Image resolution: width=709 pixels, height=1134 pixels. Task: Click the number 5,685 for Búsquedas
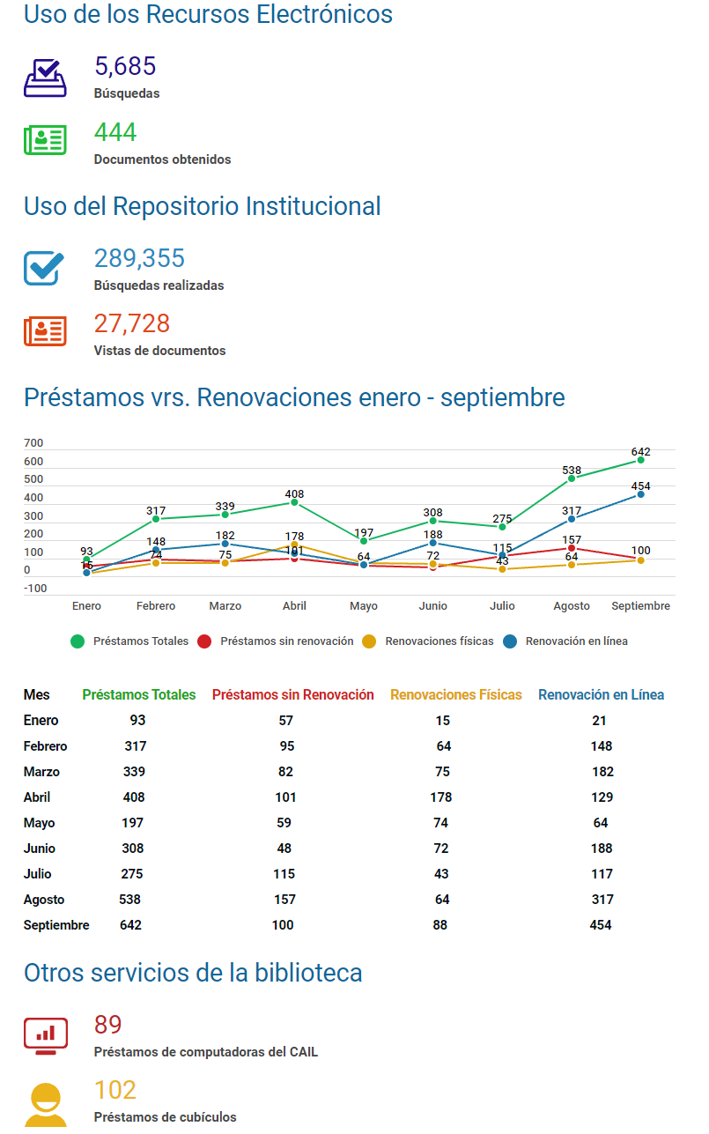click(125, 67)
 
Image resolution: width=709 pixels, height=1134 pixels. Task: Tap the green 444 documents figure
click(115, 132)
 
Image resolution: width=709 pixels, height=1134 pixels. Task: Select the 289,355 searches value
click(139, 258)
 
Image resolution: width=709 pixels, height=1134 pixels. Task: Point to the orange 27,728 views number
click(132, 323)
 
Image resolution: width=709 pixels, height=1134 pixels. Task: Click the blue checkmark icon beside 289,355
click(44, 267)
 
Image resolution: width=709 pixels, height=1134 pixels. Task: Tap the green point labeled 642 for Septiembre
click(640, 460)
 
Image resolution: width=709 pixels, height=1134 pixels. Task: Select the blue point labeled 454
click(640, 494)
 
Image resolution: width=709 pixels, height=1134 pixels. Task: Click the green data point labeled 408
click(294, 502)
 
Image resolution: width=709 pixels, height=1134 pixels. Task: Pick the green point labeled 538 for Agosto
click(571, 478)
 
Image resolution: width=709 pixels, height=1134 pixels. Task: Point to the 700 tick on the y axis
click(33, 443)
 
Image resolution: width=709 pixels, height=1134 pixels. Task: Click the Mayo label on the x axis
click(364, 606)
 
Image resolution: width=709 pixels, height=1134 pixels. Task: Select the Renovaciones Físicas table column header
click(456, 695)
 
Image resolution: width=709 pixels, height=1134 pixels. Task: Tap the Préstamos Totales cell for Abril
click(134, 797)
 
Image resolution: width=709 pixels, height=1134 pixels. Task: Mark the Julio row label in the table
click(38, 874)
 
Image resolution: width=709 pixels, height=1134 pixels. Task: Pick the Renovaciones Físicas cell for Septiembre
click(440, 925)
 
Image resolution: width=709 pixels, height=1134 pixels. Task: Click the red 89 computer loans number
click(108, 1026)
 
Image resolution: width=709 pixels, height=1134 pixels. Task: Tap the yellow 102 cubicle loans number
click(115, 1091)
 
